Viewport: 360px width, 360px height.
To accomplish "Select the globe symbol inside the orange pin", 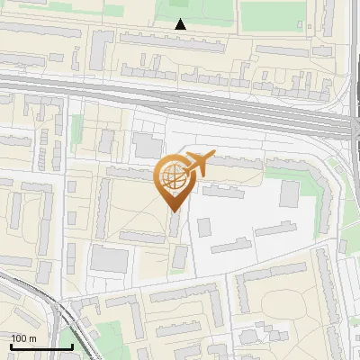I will coord(172,178).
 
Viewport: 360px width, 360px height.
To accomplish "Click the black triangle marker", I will coord(181,24).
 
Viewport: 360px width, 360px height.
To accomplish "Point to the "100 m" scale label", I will coord(23,338).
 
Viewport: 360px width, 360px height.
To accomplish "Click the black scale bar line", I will coord(40,346).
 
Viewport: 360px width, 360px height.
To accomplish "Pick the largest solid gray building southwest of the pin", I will coord(111,259).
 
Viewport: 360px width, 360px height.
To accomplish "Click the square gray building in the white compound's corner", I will coord(290,193).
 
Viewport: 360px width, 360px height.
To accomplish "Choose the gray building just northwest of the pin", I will coord(144,145).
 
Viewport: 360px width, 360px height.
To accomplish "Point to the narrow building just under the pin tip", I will coord(174,225).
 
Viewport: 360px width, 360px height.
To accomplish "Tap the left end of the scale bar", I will coord(11,346).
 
